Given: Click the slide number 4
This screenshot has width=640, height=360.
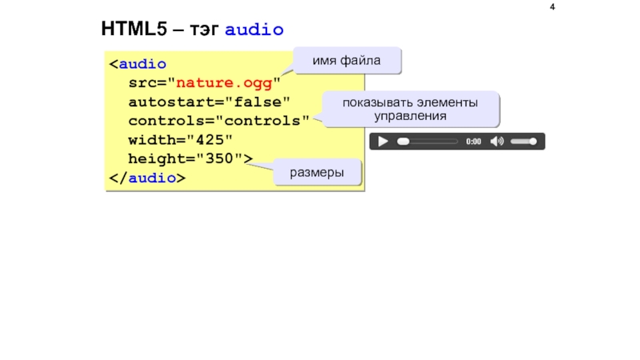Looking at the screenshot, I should [x=552, y=8].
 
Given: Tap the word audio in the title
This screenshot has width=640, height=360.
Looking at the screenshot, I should [x=254, y=30].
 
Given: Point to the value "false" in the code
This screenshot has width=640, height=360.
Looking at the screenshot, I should [x=257, y=102].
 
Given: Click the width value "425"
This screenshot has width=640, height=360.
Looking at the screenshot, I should [x=210, y=140].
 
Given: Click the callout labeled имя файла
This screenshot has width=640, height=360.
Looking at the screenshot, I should [x=346, y=60].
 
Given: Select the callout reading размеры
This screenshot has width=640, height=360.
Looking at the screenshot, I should [x=317, y=173].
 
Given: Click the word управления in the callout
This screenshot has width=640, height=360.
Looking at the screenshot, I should [x=410, y=117].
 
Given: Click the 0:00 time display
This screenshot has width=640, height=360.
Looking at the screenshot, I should [x=474, y=142].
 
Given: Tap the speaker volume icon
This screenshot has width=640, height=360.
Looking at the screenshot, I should [x=497, y=142].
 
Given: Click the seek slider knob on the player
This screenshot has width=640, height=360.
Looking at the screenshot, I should [x=404, y=142].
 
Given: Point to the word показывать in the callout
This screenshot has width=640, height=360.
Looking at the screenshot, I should [x=374, y=102].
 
